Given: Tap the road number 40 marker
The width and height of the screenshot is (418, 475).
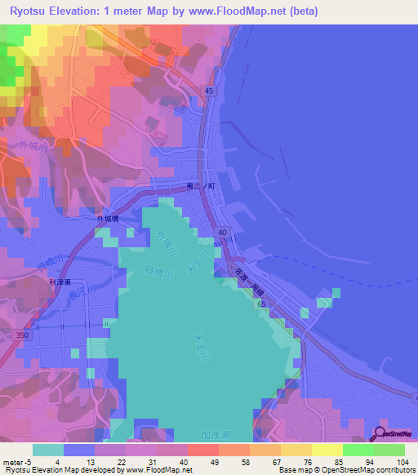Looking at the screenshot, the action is pos(221,233).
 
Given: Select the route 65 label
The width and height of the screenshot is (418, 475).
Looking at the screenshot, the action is pos(260,304).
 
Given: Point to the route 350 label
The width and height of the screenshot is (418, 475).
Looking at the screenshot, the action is pos(24,335).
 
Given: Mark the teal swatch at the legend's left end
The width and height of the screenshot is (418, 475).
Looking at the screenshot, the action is pos(48,450).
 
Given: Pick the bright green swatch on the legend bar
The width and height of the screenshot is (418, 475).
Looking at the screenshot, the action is pos(358,450).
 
